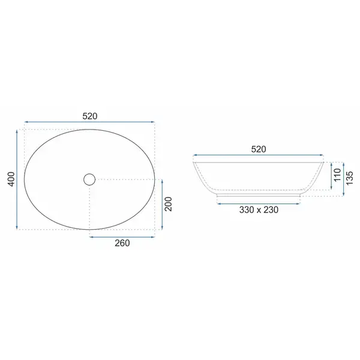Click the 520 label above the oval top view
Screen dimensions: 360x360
point(90,116)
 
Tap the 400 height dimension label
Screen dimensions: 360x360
point(11,179)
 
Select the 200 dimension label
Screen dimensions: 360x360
point(168,204)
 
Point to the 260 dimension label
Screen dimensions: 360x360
point(122,243)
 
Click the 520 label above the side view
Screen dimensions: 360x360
point(259,149)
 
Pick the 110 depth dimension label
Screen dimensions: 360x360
point(337,175)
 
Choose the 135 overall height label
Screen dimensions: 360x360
point(349,178)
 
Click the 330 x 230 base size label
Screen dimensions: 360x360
point(259,210)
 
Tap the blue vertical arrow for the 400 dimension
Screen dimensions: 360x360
point(17,179)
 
